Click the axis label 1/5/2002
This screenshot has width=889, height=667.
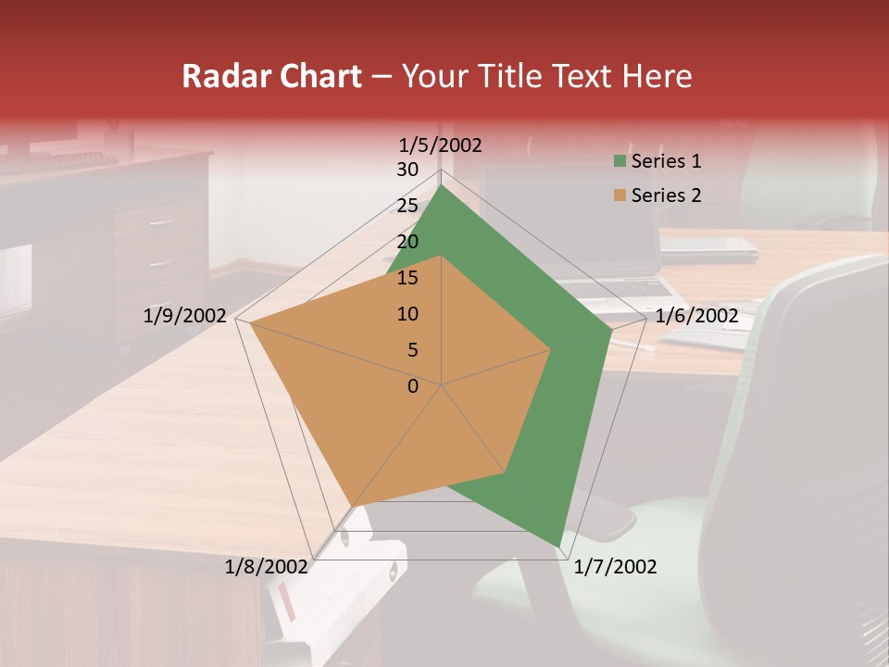(x=441, y=145)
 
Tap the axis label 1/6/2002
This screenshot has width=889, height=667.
(x=696, y=316)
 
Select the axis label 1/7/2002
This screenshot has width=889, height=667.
(x=615, y=567)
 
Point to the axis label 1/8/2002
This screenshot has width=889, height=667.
(x=266, y=567)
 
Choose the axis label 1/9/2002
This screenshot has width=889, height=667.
(x=185, y=316)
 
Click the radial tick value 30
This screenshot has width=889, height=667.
(x=407, y=170)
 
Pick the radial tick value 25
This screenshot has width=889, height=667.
(x=407, y=206)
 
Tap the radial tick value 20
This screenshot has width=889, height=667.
(x=407, y=242)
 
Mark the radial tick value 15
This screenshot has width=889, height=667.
(x=407, y=278)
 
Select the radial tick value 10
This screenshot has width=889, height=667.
(x=407, y=314)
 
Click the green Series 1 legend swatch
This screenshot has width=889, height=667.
(x=620, y=162)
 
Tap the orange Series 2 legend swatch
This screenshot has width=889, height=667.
(x=620, y=195)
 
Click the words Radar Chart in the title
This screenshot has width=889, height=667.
(x=271, y=76)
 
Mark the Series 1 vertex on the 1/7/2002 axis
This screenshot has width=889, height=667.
(x=559, y=546)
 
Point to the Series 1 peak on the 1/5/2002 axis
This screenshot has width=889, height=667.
(x=442, y=185)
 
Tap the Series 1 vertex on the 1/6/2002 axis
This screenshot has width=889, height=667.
(x=611, y=330)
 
